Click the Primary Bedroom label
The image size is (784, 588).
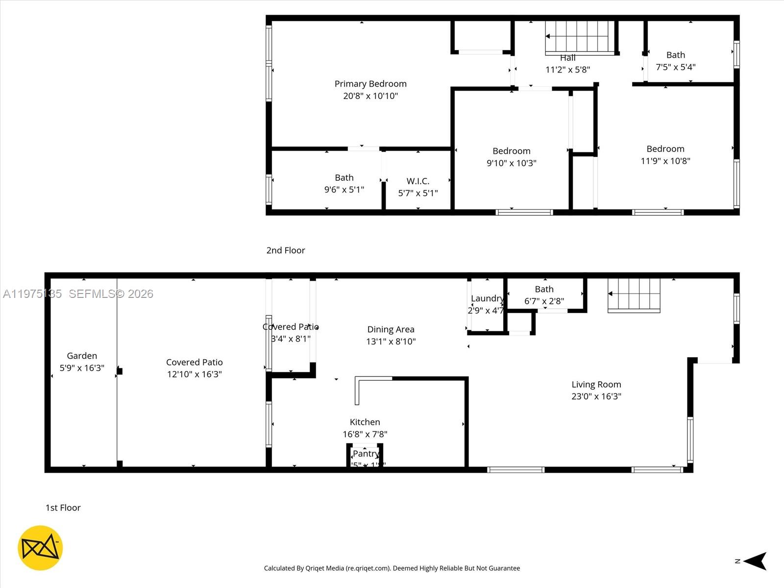point(370,84)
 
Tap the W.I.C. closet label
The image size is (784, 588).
point(417,181)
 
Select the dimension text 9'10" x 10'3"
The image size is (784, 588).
point(511,163)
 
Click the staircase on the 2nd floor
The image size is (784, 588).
point(580,37)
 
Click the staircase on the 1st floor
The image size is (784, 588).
point(634,295)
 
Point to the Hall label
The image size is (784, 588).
point(567,58)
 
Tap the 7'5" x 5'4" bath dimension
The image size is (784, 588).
point(675,67)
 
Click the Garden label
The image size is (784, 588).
point(82,356)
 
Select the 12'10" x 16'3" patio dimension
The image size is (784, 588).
point(194,374)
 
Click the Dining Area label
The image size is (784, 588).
point(391,329)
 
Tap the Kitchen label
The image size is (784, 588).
point(365,422)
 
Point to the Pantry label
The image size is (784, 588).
point(366,454)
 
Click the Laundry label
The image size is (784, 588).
point(487,298)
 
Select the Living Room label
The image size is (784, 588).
point(596,385)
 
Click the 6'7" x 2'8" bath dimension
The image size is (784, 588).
point(544,301)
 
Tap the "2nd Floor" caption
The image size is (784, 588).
point(286,250)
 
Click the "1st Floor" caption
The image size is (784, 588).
point(63,508)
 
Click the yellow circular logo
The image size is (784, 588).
point(40,548)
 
